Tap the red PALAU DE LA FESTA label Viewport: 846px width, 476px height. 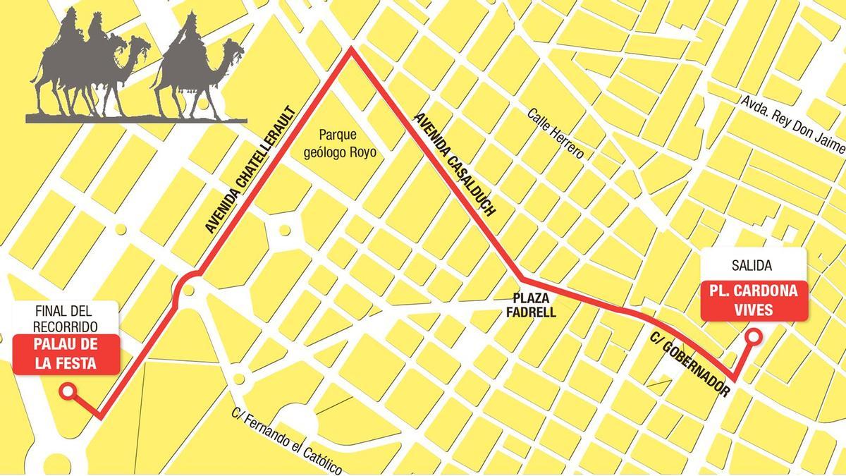(65, 355)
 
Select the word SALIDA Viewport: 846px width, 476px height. (752, 266)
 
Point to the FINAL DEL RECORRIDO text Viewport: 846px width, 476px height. (65, 319)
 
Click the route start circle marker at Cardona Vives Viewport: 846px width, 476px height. (753, 338)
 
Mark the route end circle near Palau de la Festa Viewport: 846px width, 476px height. (68, 391)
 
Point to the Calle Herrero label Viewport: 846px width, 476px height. (556, 133)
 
